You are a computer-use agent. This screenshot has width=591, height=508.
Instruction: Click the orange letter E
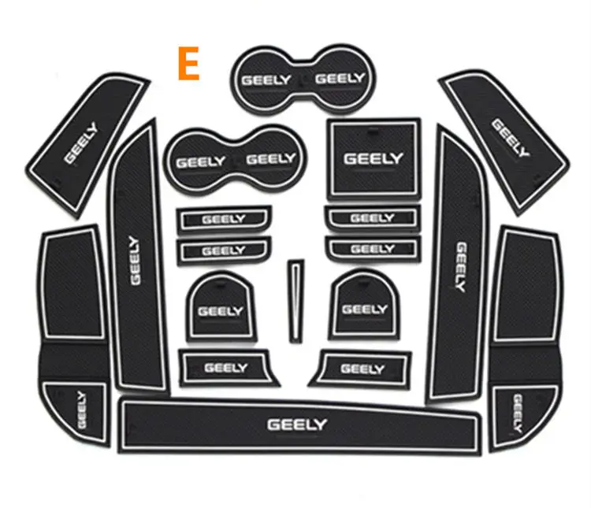coord(189,64)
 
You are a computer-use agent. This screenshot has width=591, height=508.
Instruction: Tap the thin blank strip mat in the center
coord(296,301)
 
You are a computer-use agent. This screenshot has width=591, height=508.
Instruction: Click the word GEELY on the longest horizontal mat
coord(297,425)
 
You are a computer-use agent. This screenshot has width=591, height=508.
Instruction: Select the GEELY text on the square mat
coord(374,158)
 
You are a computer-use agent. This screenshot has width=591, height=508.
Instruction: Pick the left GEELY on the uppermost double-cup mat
coord(266,80)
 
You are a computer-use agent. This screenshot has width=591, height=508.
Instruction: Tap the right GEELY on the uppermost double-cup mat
coord(340,79)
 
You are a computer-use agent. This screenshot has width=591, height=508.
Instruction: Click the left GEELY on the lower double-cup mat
coord(201,162)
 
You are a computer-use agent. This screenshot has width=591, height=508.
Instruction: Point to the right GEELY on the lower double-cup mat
coord(271,159)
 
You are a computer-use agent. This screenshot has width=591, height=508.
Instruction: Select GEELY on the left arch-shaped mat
coord(221,311)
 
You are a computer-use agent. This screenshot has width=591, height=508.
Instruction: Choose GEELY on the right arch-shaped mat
coord(365,310)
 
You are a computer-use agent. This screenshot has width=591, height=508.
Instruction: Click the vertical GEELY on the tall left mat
coord(135,261)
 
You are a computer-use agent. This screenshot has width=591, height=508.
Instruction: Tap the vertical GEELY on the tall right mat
coord(461,267)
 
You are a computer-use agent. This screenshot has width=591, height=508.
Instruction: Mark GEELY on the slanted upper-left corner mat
coord(80,143)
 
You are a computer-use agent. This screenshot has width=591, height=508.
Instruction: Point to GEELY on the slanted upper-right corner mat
coord(510,138)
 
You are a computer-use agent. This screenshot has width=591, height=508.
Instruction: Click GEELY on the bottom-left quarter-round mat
coord(81,410)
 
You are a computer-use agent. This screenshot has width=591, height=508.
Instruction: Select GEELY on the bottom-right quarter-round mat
coord(518,413)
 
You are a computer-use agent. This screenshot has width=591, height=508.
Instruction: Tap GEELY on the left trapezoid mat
coord(226,368)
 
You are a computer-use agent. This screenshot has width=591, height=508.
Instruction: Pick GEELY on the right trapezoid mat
coord(362,369)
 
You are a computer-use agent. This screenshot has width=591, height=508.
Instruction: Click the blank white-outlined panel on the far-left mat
coord(72,284)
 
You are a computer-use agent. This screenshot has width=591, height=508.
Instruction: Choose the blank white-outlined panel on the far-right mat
coord(526,287)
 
